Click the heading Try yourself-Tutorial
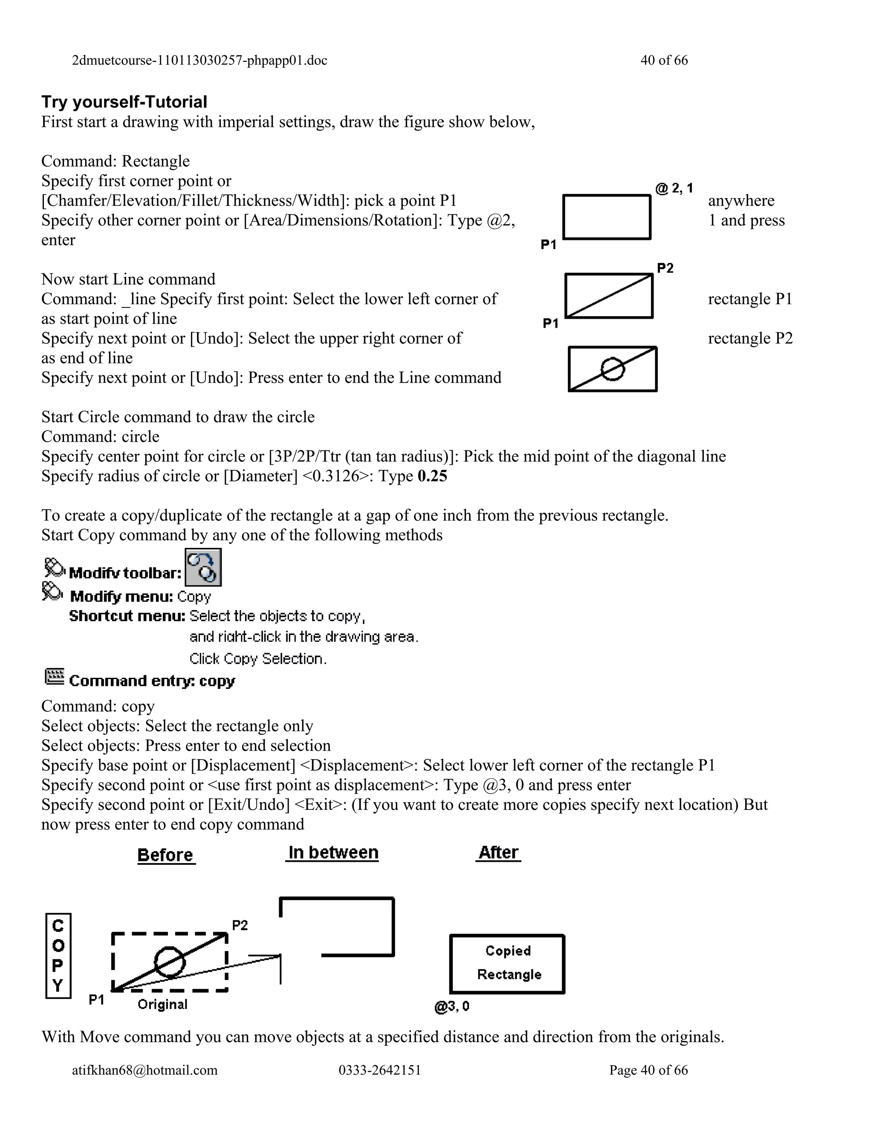point(124,102)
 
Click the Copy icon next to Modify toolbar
point(203,567)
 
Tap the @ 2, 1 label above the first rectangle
point(674,188)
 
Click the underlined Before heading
point(165,855)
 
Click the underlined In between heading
point(332,853)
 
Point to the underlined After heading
point(498,853)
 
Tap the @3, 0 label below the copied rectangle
point(452,1006)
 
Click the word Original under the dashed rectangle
point(162,1005)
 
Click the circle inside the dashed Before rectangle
point(170,962)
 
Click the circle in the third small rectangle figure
point(613,369)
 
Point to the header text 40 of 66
point(664,60)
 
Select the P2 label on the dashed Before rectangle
point(240,925)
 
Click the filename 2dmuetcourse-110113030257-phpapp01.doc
point(199,60)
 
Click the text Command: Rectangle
point(116,161)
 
